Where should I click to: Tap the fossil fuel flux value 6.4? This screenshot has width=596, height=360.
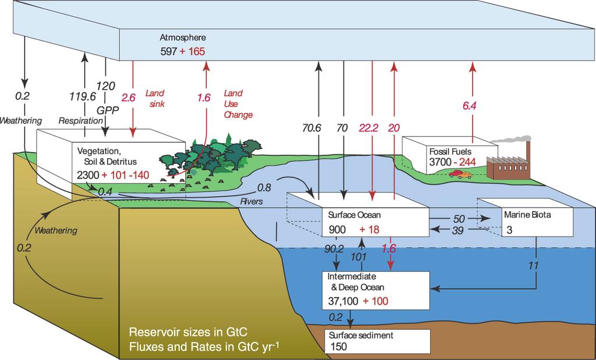point(470,106)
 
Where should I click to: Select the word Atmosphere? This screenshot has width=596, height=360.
point(183,38)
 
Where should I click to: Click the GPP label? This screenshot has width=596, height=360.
point(108,110)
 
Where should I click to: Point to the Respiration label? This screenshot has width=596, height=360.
point(80,121)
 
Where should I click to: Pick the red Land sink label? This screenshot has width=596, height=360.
point(155,98)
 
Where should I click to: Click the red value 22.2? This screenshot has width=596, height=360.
point(368,128)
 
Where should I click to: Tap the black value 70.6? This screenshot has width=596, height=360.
point(312,128)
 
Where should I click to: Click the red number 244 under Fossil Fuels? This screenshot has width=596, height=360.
point(468,162)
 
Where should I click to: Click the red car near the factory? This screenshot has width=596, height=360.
point(455,174)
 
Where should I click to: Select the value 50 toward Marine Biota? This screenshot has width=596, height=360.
point(459,219)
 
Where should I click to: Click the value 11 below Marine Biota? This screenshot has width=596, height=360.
point(534,265)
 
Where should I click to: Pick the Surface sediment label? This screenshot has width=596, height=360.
point(361,336)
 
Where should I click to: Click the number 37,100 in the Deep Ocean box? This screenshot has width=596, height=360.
point(343,301)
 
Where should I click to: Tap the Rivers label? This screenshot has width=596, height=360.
point(251,201)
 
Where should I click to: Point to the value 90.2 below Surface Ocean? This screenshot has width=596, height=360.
point(334,249)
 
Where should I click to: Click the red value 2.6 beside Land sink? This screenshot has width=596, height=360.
point(128,98)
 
